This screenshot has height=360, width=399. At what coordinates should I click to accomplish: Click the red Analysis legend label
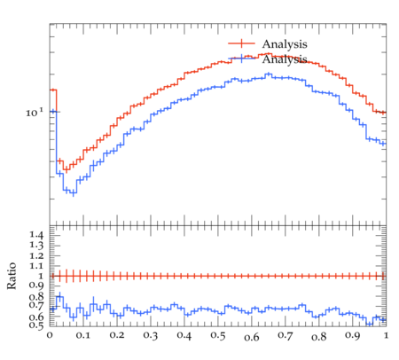[x=285, y=44]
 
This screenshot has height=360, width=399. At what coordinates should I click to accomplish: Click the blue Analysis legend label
[x=285, y=59]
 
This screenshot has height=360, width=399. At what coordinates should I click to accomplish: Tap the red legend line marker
[x=241, y=43]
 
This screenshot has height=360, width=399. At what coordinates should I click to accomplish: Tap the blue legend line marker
[x=241, y=59]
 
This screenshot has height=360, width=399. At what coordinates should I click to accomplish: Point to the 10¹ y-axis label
[x=35, y=113]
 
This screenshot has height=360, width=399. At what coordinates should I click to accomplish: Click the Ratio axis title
[x=12, y=276]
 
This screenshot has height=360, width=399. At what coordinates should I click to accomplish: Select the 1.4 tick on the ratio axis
[x=36, y=235]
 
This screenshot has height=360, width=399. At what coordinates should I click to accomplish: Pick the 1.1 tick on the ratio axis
[x=36, y=266]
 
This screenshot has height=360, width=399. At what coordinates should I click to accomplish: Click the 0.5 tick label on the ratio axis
[x=36, y=325]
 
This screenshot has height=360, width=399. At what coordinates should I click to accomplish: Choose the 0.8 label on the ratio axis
[x=36, y=296]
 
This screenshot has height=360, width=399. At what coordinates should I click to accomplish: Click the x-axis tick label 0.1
[x=83, y=335]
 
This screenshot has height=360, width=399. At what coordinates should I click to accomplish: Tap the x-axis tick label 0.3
[x=151, y=335]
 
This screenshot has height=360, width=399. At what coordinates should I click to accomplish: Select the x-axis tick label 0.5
[x=218, y=335]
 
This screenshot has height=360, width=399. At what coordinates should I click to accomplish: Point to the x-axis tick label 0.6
[x=252, y=337]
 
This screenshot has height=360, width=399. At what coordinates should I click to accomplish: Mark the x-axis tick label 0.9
[x=353, y=335]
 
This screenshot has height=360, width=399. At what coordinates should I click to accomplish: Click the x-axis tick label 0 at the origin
[x=50, y=335]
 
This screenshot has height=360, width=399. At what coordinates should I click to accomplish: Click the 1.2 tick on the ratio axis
[x=36, y=255]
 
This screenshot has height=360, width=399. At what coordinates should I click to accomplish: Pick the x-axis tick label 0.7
[x=286, y=335]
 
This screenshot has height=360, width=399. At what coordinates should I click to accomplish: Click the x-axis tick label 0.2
[x=117, y=335]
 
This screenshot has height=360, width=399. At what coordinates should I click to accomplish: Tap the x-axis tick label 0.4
[x=184, y=335]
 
